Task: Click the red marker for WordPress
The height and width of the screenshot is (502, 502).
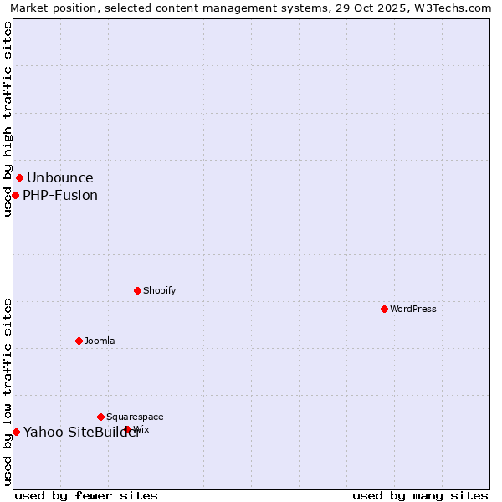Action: [x=384, y=309]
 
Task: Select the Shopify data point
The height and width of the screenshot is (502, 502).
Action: [x=137, y=290]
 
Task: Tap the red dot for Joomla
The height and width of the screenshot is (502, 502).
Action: [x=79, y=341]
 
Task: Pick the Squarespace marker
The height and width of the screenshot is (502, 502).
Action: [x=100, y=417]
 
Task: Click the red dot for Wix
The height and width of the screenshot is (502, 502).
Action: [x=127, y=429]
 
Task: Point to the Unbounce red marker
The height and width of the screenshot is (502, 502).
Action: [x=19, y=177]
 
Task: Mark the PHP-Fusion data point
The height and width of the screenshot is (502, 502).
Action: [x=15, y=195]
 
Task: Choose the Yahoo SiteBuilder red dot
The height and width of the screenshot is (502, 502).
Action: [x=16, y=432]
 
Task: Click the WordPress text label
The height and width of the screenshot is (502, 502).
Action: [x=413, y=309]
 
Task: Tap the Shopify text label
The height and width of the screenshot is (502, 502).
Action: [x=160, y=290]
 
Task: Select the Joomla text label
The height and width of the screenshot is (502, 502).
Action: [x=100, y=341]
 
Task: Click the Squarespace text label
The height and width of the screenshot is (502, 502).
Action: [x=135, y=417]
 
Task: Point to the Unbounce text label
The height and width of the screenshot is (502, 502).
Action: [x=60, y=177]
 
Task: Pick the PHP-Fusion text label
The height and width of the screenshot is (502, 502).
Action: [x=60, y=196]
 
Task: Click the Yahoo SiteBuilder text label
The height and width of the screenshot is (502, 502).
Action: [x=81, y=432]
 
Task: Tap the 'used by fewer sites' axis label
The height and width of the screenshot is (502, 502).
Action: [x=86, y=495]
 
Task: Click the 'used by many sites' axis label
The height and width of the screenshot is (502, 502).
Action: [x=420, y=495]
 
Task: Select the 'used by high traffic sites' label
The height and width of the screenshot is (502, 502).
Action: [x=8, y=119]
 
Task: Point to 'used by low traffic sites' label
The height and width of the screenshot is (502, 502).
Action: [x=8, y=392]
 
